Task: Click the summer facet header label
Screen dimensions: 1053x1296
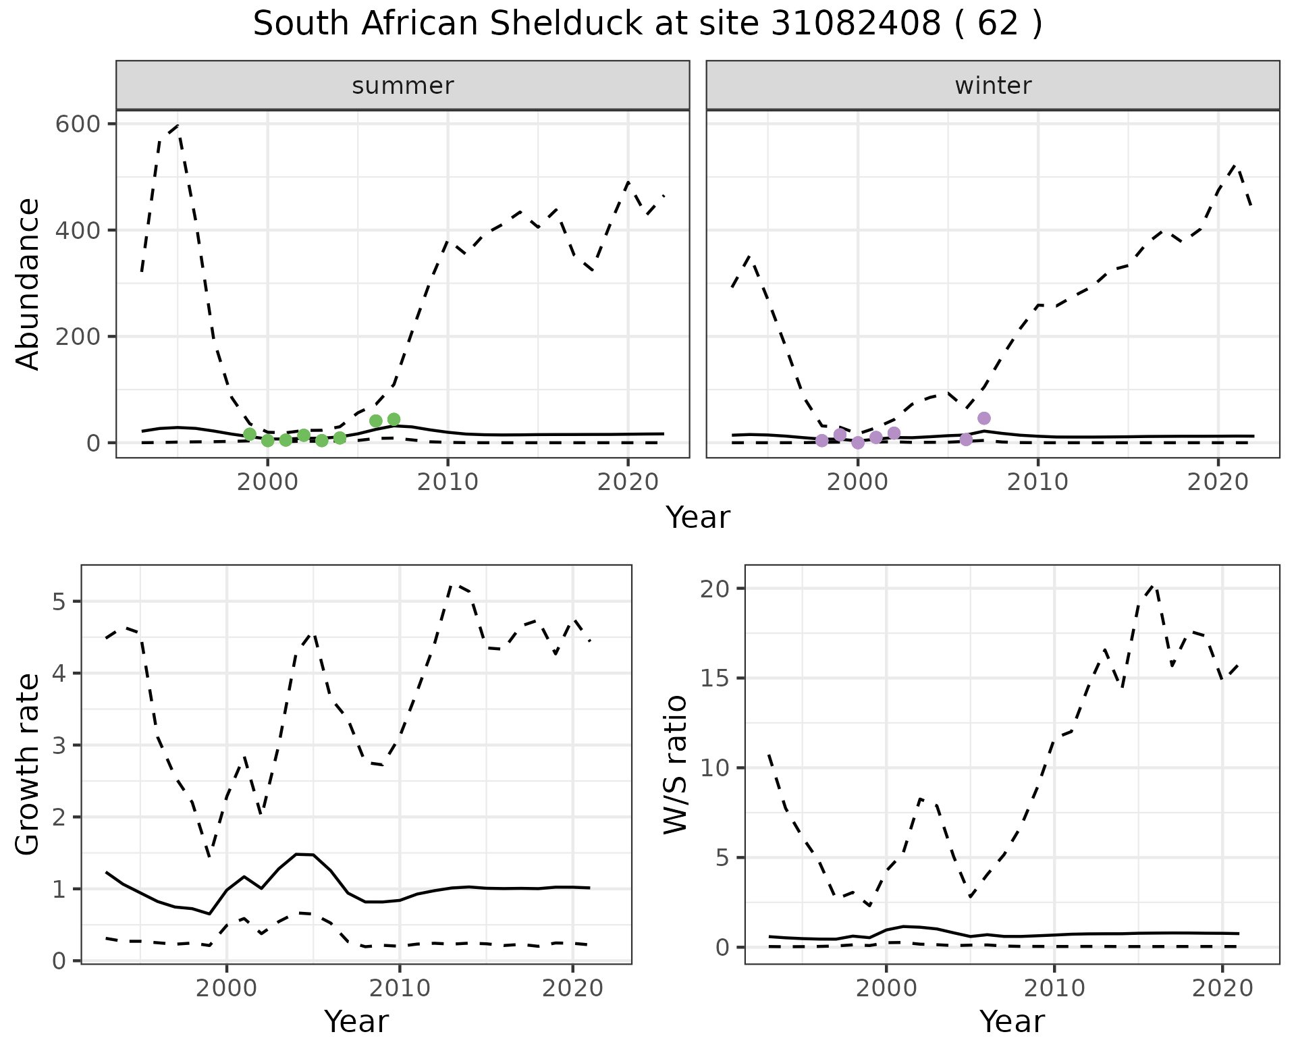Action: coord(403,86)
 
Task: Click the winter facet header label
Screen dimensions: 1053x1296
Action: coord(993,86)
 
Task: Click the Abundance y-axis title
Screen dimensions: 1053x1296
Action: coord(28,283)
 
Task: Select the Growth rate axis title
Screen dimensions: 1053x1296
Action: coord(28,764)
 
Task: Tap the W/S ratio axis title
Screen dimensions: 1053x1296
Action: coord(676,764)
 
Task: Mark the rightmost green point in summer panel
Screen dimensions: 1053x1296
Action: coord(394,420)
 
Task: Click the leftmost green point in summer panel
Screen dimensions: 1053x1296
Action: coord(250,434)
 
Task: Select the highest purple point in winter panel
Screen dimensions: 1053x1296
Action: coord(984,418)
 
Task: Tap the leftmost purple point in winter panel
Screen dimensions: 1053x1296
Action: coord(822,441)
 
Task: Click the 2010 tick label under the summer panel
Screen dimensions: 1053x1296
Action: coord(448,482)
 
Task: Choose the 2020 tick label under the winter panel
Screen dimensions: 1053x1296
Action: coord(1218,482)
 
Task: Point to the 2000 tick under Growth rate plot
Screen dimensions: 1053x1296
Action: coord(227,988)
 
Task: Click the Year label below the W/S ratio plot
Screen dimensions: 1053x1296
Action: coord(1012,1021)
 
